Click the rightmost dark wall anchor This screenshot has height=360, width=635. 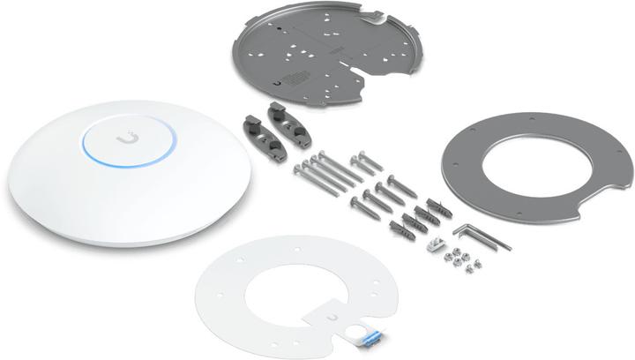440,213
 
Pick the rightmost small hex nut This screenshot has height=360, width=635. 474,263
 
